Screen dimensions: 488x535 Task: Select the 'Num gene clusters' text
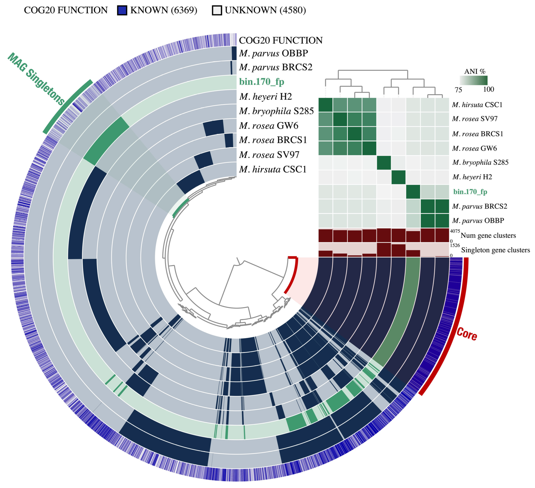[488, 235]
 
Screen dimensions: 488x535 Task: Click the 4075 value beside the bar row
[455, 231]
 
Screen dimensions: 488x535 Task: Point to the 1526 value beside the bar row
[455, 245]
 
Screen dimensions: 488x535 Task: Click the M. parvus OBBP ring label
[273, 53]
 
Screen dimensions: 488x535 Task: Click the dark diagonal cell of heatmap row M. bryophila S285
[384, 163]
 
